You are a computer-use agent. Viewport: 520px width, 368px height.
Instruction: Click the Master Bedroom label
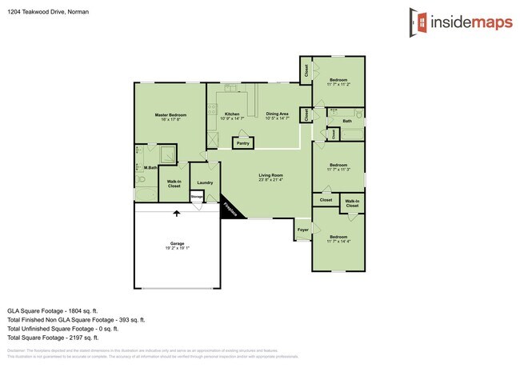(170, 115)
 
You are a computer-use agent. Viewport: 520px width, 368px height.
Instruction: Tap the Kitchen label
(232, 114)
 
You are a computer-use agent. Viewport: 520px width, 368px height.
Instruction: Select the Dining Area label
(278, 114)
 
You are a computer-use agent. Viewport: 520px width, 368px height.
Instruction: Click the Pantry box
(243, 143)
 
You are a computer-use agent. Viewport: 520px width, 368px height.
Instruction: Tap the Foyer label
(303, 230)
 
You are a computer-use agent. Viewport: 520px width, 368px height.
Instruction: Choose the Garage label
(177, 243)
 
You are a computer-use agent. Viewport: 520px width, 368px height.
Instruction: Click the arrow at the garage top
(177, 213)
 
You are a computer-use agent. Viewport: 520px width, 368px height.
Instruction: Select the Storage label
(197, 195)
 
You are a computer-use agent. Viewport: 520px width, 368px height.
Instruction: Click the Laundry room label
(204, 182)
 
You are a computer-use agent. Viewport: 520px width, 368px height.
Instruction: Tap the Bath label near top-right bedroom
(347, 121)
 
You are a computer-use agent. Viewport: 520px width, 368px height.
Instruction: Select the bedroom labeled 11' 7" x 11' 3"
(338, 166)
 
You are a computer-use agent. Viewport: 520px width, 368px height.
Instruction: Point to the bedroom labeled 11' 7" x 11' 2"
(338, 82)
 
